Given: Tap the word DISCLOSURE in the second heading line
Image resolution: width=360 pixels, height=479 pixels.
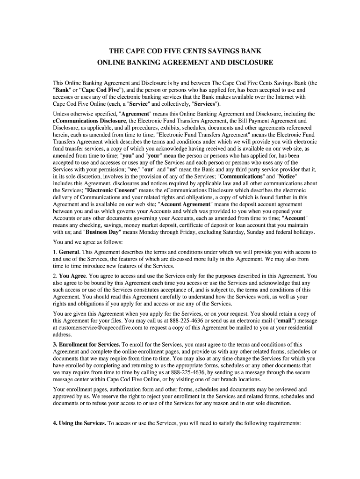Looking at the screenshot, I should pyautogui.click(x=244, y=62).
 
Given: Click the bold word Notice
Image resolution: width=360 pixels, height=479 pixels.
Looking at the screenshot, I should pyautogui.click(x=287, y=176).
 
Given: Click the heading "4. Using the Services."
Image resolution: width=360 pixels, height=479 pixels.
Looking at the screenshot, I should pyautogui.click(x=79, y=424).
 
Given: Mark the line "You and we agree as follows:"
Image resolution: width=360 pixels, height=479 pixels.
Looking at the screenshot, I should pyautogui.click(x=88, y=242).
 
